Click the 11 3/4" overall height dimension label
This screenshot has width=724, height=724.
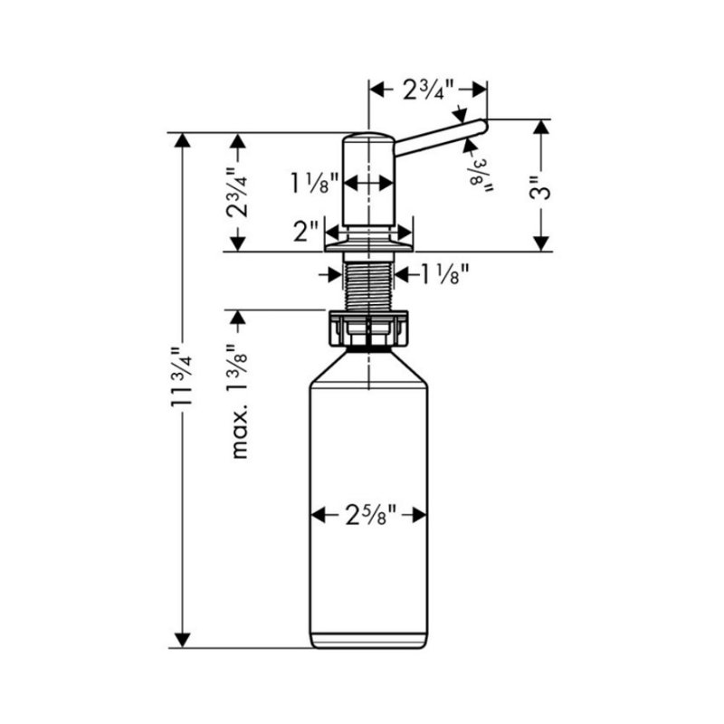182,376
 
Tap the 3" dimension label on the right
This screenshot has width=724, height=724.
540,187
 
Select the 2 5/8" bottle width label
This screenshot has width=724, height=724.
370,516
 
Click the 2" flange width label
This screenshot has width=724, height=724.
306,231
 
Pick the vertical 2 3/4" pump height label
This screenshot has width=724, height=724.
237,192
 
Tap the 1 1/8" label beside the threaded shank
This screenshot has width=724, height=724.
445,274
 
